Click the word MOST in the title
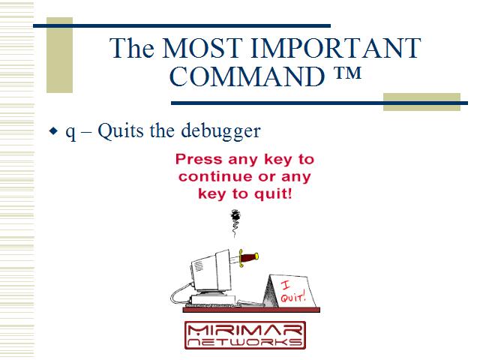[202, 48]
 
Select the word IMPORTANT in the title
[336, 48]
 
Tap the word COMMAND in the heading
[247, 76]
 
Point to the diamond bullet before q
[53, 131]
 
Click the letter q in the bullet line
[70, 133]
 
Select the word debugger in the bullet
[220, 131]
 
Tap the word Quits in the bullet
[121, 131]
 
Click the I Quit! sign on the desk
[290, 291]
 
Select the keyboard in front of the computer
[211, 305]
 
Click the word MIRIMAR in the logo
[245, 330]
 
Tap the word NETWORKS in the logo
[245, 342]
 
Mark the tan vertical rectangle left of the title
[60, 55]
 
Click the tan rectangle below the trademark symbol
[421, 102]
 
